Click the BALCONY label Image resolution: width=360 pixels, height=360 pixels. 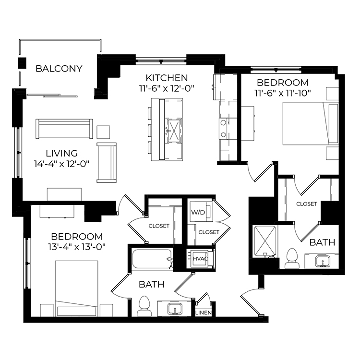(x=59, y=69)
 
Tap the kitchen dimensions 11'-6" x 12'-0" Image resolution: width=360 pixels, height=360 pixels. (x=167, y=88)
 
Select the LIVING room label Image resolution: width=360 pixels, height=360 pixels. (x=62, y=153)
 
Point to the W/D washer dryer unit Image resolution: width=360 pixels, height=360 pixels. (x=201, y=212)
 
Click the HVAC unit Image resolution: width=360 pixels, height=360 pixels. (x=201, y=259)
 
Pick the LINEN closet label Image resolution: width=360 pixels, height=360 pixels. (x=204, y=312)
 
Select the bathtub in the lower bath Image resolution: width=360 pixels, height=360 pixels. (x=153, y=259)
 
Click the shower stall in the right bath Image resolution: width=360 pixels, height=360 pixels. (x=265, y=241)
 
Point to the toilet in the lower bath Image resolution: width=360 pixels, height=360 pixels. (x=144, y=306)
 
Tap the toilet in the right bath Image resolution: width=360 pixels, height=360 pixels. (x=292, y=258)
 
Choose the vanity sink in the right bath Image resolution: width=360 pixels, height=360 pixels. (x=323, y=261)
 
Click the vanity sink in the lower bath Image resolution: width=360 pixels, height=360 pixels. (x=175, y=309)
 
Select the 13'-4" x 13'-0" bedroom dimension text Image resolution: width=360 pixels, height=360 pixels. (x=77, y=247)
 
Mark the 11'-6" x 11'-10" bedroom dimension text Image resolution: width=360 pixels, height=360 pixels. (x=282, y=93)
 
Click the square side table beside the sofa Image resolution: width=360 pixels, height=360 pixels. (x=103, y=132)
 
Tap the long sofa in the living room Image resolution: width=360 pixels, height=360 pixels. (x=64, y=129)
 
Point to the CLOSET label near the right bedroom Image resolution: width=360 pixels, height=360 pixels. (x=307, y=204)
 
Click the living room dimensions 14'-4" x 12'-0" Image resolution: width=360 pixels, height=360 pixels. (x=61, y=164)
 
